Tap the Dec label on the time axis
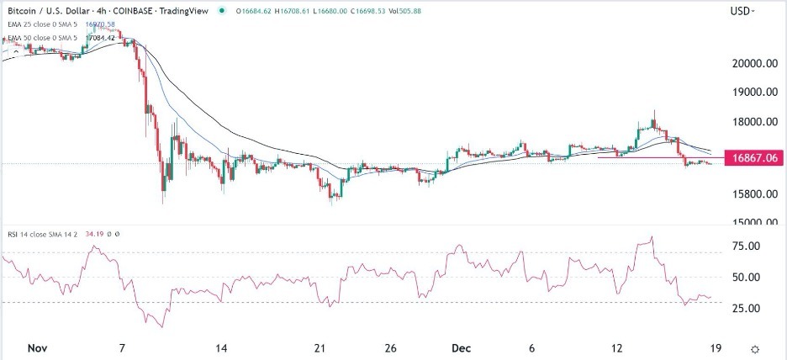click(455, 347)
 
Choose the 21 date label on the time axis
click(319, 347)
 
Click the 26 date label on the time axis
click(389, 347)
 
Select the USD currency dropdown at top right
click(742, 11)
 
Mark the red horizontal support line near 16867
click(639, 157)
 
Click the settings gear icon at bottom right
click(756, 348)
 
